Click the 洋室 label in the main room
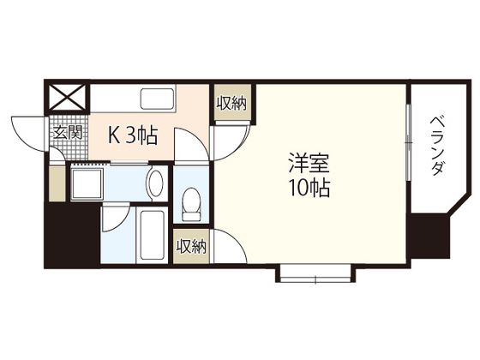(309, 164)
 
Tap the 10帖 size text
(309, 188)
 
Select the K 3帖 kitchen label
(133, 135)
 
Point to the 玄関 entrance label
(68, 133)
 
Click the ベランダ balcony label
(437, 146)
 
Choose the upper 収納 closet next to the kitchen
(231, 103)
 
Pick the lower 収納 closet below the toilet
(191, 246)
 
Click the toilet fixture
(191, 204)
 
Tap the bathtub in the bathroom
(152, 235)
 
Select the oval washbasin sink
(155, 183)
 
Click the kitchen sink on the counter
(158, 99)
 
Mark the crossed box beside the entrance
(68, 98)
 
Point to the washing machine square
(87, 183)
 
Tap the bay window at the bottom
(315, 273)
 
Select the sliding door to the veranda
(408, 142)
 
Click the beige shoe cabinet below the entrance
(57, 183)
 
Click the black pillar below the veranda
(429, 237)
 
